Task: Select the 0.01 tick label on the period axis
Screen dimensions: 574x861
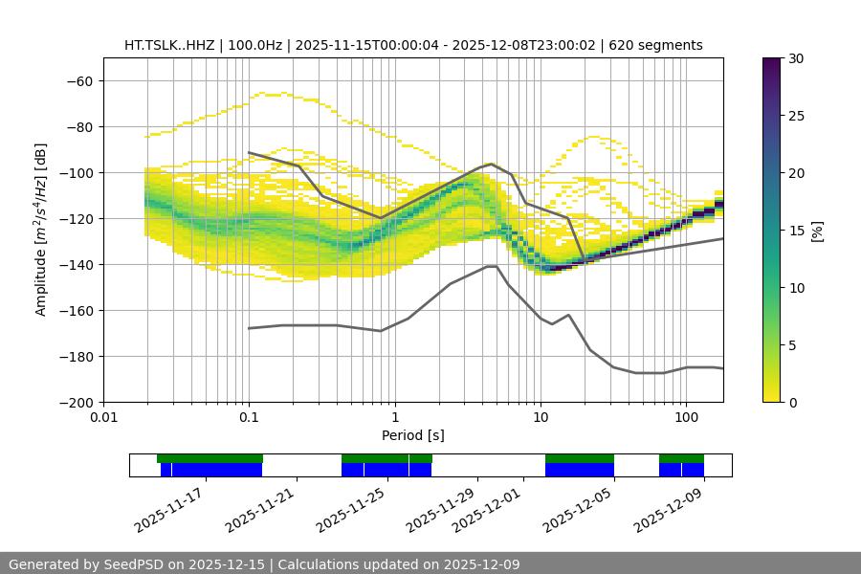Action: tap(103, 418)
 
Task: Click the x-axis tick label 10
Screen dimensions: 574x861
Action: tap(541, 418)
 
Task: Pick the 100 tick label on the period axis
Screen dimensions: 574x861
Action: tap(686, 418)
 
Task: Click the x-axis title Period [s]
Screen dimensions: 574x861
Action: tap(412, 435)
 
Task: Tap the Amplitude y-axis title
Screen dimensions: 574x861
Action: tap(41, 230)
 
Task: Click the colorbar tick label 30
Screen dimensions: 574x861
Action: tap(796, 58)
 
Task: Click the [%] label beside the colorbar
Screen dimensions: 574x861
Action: tap(817, 231)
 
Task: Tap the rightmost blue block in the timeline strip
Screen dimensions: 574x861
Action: tap(693, 470)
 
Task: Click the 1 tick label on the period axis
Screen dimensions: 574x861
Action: tap(394, 418)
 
